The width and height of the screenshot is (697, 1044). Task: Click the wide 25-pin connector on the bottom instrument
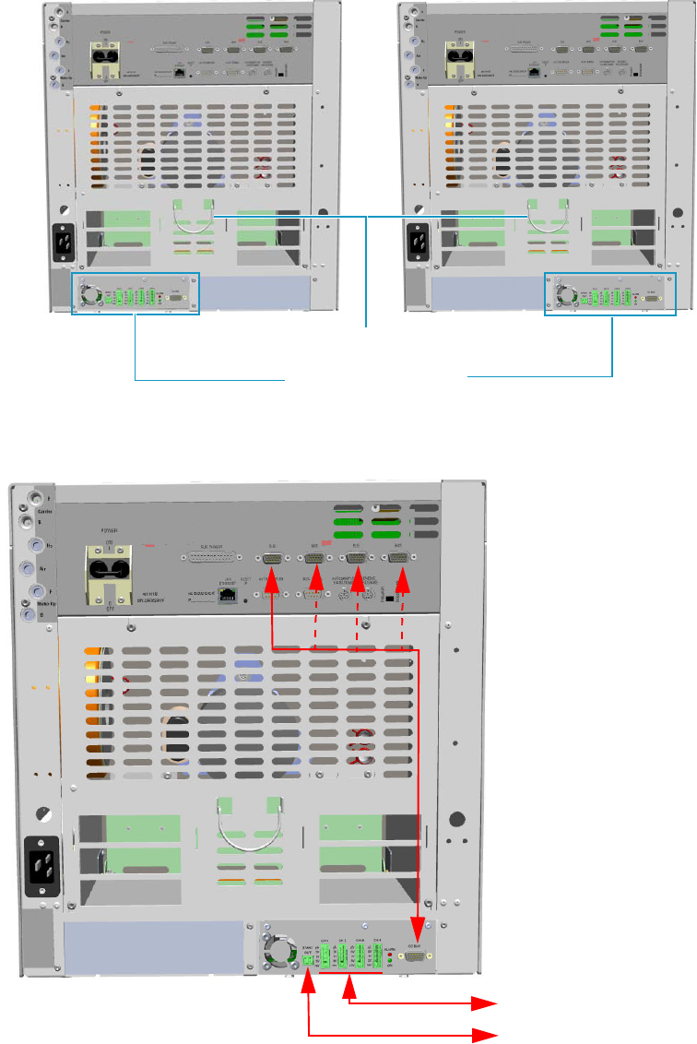pos(211,558)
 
